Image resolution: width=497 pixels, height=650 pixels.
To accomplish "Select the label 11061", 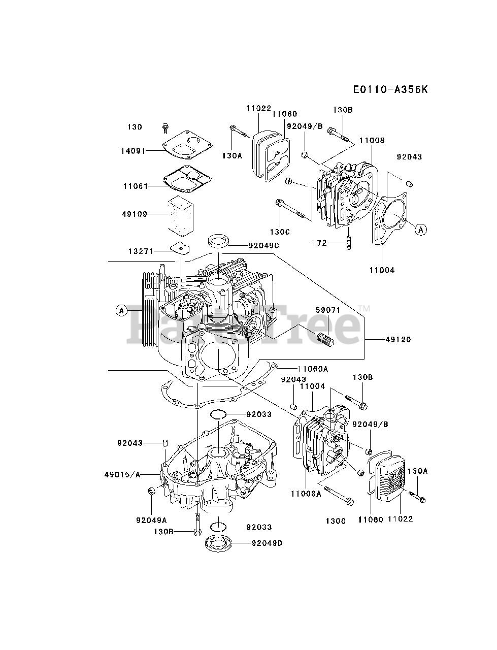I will tap(135, 186).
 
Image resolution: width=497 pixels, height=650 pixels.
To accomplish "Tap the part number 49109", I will tap(135, 214).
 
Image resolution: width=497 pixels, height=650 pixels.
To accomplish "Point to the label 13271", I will tap(140, 251).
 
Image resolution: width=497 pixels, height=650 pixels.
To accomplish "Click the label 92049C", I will tap(263, 246).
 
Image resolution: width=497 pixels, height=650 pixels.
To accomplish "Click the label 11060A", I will tap(313, 368).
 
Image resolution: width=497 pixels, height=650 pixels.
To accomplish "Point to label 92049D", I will tap(267, 543).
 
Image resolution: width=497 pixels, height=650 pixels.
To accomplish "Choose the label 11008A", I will tap(306, 493).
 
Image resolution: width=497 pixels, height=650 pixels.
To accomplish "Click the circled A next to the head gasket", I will tap(420, 230).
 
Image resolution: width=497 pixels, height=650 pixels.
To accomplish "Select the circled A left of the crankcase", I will tap(121, 310).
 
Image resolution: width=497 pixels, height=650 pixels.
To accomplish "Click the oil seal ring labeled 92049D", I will tap(220, 544).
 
